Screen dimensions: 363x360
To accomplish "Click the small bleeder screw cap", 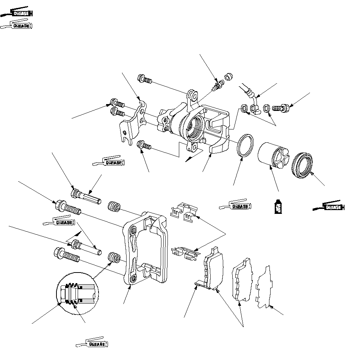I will [x=229, y=77].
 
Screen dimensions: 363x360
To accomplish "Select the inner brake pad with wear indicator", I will [x=213, y=268].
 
